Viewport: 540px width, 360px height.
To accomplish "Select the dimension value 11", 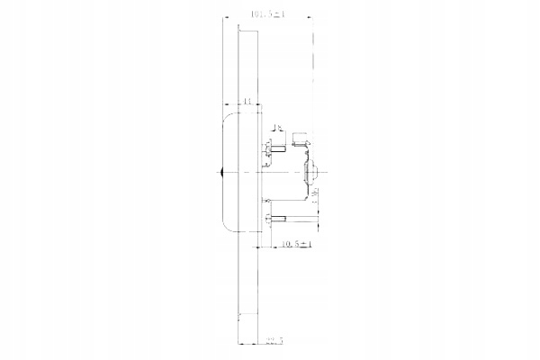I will [246, 103].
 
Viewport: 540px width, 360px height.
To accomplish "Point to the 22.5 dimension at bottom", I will [274, 341].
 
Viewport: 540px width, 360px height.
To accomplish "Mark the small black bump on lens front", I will [220, 171].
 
